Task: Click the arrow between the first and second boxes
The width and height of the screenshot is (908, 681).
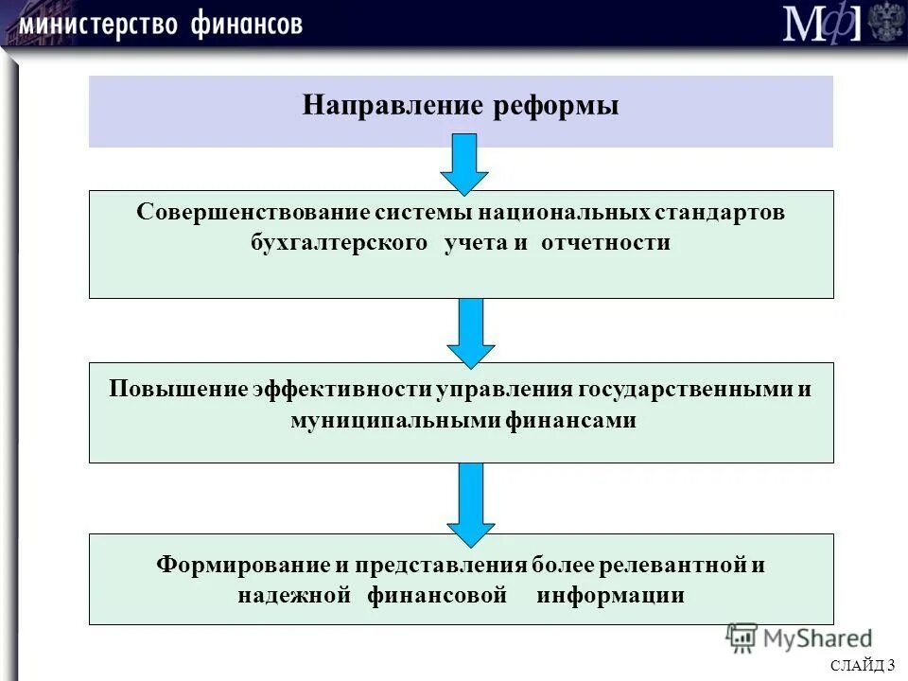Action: point(470,332)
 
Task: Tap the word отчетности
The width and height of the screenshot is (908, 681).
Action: point(606,243)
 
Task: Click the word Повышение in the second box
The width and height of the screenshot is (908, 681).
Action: point(177,390)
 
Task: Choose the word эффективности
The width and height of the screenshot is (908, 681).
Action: point(341,390)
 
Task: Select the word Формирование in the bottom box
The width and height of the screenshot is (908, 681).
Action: point(242,565)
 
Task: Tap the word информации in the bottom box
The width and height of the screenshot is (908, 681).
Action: point(610,596)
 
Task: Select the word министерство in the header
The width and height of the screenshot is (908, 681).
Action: point(97,24)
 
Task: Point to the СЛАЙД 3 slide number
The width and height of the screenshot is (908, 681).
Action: point(864,666)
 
